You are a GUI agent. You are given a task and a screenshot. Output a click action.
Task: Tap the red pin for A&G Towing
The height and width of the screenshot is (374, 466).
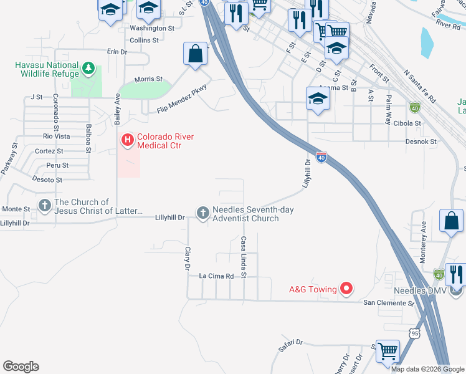click(346, 289)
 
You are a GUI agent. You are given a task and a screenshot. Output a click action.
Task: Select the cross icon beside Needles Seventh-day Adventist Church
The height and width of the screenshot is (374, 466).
click(202, 214)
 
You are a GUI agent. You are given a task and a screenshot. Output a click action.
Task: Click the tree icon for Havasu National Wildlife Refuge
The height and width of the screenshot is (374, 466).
click(88, 67)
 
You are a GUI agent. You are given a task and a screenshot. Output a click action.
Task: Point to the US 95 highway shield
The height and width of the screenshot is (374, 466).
click(415, 333)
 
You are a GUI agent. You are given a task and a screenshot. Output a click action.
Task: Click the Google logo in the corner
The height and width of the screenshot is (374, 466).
click(21, 367)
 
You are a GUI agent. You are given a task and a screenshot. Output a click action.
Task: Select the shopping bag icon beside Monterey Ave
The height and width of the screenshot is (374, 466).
click(451, 221)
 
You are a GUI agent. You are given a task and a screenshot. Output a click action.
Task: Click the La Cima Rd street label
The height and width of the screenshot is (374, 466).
click(216, 276)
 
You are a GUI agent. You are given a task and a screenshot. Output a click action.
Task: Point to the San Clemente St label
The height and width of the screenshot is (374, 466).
click(389, 303)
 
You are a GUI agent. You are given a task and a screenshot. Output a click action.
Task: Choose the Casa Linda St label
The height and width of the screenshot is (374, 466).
click(244, 257)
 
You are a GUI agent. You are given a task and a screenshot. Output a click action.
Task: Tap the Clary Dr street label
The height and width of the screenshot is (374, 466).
click(186, 258)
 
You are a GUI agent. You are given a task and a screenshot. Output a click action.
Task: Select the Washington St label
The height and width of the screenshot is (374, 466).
click(152, 29)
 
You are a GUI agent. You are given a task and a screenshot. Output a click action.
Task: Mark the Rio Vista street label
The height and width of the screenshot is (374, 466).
click(56, 136)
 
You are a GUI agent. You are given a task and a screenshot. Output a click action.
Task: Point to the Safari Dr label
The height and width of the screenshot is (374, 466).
click(290, 342)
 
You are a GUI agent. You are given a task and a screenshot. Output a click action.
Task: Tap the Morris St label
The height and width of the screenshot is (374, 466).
click(148, 79)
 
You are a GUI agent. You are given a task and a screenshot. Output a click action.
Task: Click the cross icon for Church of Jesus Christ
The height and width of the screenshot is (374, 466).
click(44, 205)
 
